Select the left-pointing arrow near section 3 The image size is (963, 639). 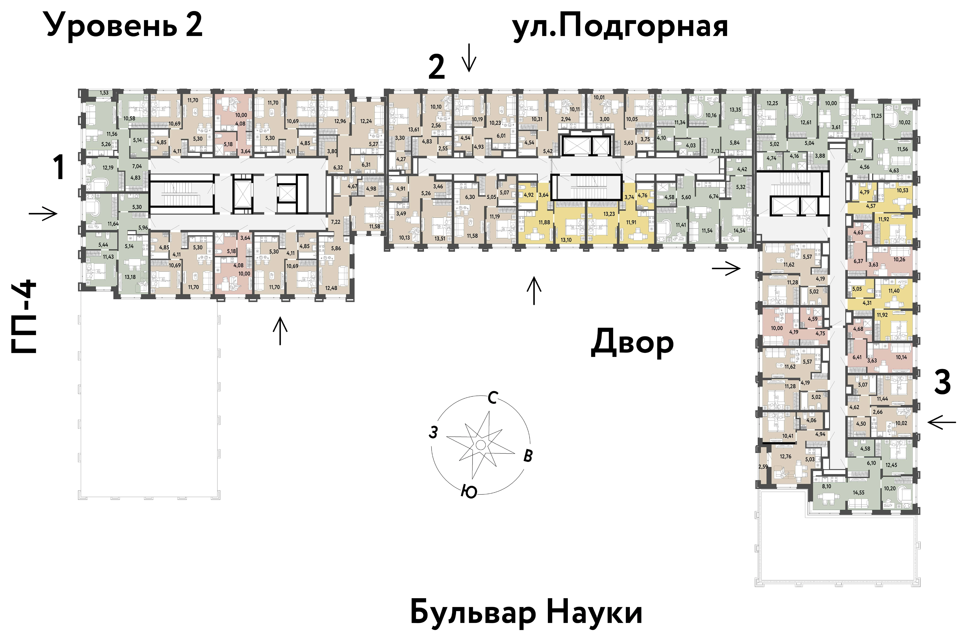click(942, 423)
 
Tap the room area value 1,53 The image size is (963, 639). click(104, 93)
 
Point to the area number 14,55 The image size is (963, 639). click(859, 493)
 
